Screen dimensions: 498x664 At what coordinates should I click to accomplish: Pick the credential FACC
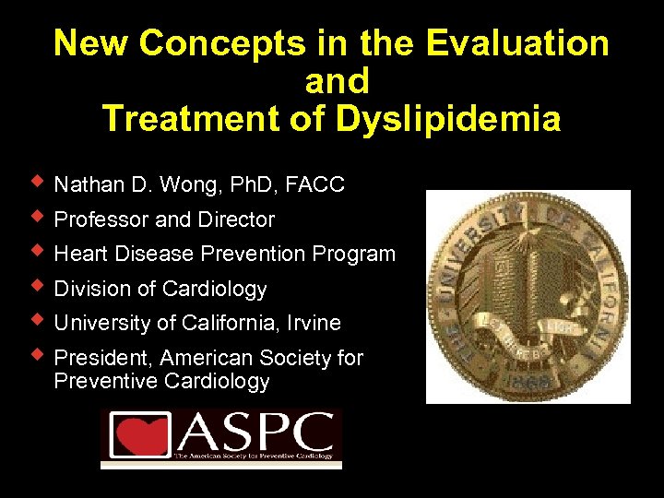tap(315, 185)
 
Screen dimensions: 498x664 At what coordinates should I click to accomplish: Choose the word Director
tap(240, 219)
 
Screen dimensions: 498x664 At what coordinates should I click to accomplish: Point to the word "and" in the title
tap(336, 81)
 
